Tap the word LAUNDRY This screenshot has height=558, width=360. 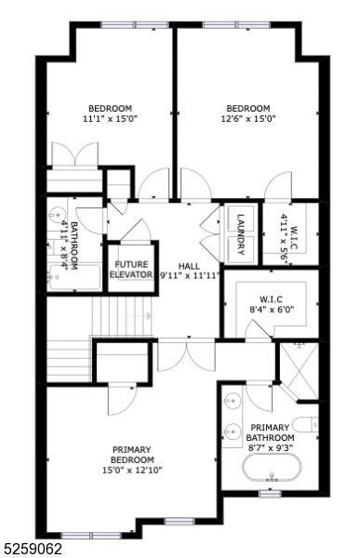click(240, 232)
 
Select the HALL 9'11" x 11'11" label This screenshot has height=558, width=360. click(189, 271)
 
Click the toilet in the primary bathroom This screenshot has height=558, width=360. click(312, 426)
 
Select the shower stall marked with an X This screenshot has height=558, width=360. click(300, 371)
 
